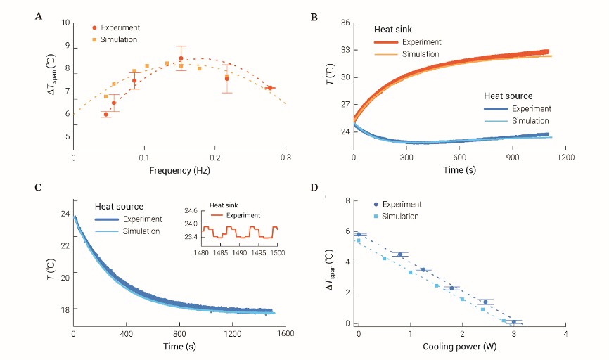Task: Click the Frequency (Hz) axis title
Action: pos(179,171)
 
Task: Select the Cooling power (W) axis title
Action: pos(459,347)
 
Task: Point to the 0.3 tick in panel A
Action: pos(286,158)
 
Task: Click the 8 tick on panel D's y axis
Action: pos(347,201)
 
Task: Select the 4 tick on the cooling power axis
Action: pos(566,334)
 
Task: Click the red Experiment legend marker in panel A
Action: pos(94,27)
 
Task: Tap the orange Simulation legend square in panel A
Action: pos(94,39)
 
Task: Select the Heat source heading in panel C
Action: pos(120,207)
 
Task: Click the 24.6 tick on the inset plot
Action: pos(189,211)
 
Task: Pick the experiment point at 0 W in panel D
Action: pos(359,234)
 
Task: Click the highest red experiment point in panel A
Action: pos(181,58)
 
